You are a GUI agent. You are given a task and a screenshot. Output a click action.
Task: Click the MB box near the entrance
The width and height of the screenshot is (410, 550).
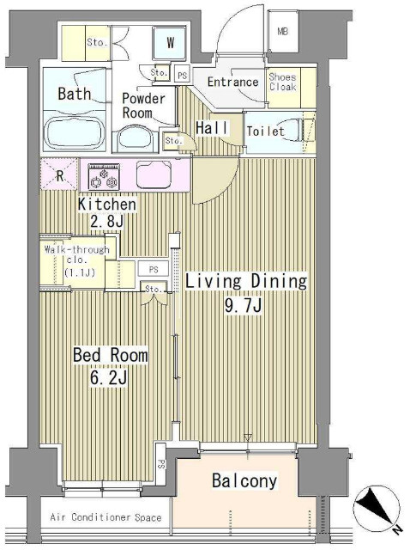point(283,33)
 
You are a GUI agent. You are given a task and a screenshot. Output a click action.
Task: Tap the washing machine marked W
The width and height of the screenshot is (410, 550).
point(170,41)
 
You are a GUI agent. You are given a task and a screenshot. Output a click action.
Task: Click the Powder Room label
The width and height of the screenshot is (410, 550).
point(142,105)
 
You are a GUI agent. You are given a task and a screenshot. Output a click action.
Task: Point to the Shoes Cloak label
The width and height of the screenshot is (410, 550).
point(282,82)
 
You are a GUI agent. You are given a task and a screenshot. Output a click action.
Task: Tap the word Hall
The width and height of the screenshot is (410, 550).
point(211,128)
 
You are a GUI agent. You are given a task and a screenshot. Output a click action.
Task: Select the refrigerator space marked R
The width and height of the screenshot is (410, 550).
point(58,176)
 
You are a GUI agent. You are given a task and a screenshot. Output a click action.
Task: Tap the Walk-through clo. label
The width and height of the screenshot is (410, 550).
point(76,261)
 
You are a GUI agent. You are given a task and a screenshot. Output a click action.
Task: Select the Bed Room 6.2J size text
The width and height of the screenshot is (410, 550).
point(110,365)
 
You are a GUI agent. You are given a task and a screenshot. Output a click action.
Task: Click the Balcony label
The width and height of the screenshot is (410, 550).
point(244,481)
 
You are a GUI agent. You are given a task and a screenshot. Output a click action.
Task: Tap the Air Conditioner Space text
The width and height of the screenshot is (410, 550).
point(106,517)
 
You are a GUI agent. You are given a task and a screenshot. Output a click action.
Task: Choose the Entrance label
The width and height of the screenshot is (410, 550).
point(233,82)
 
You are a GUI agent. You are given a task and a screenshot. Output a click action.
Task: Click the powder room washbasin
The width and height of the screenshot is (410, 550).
point(136,138)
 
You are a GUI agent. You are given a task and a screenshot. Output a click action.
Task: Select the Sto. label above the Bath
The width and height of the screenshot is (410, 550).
point(94,41)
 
